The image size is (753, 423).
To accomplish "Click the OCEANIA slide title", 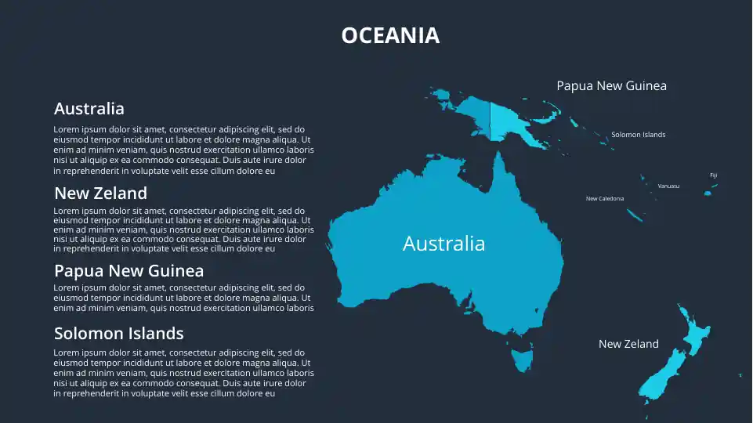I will (x=390, y=35).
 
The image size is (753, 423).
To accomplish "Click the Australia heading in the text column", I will (x=89, y=109).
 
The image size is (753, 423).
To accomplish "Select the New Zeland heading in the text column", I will (x=100, y=193).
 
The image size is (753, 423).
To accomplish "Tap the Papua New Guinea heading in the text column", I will (x=129, y=271).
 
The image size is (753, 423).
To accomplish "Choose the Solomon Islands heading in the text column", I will (x=118, y=334).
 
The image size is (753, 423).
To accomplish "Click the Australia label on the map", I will (x=443, y=244).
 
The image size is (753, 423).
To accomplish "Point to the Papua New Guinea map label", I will (x=611, y=85).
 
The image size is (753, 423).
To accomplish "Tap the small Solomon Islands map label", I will (x=638, y=135).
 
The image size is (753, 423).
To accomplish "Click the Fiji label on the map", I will (x=713, y=175).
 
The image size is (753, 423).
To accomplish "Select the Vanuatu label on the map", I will (x=668, y=186).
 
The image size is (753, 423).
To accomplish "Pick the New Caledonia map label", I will (x=605, y=199).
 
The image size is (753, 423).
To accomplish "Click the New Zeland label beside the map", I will (x=628, y=344).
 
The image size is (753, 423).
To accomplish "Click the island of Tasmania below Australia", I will (x=521, y=361).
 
